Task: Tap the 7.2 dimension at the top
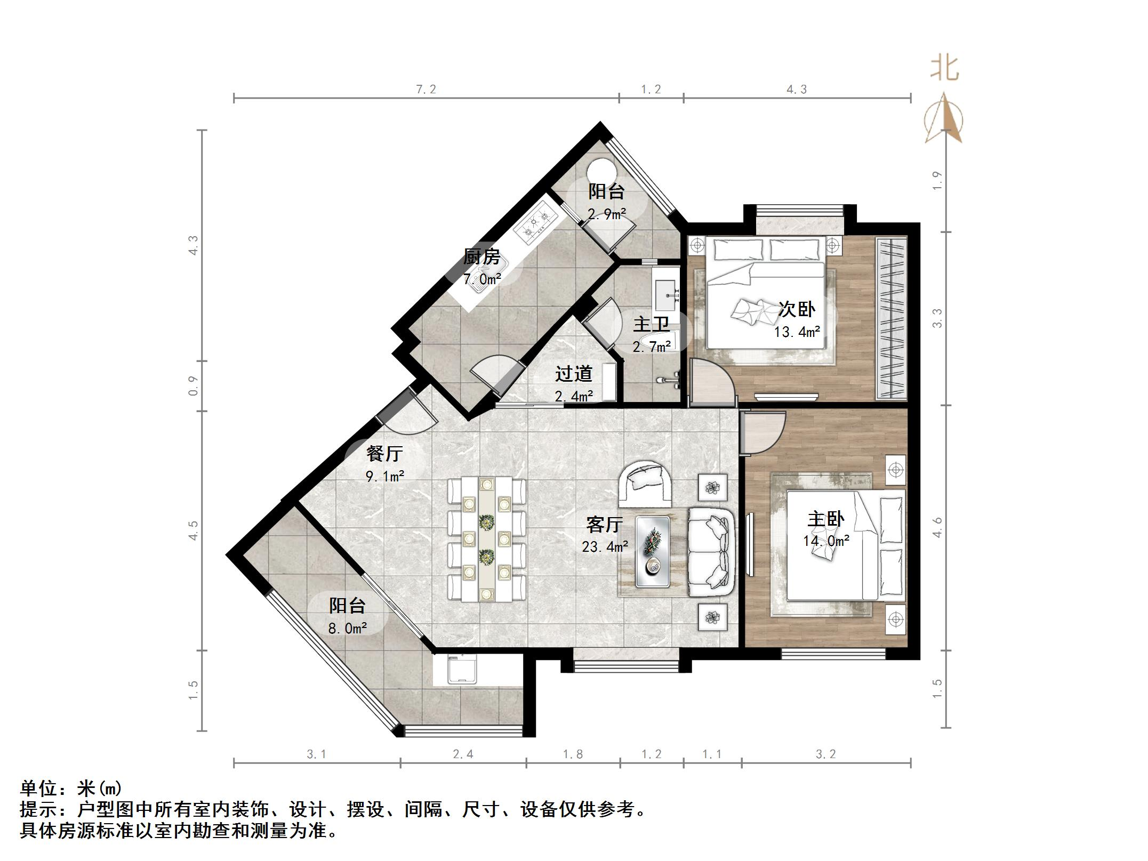click(x=426, y=90)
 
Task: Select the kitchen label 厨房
click(x=481, y=257)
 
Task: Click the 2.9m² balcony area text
click(x=607, y=214)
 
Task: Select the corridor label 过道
click(x=574, y=374)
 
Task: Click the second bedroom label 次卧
click(x=797, y=309)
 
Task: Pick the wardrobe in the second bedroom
click(x=890, y=318)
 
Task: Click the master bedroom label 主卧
click(x=825, y=519)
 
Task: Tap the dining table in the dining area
click(x=486, y=538)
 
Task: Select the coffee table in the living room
click(x=653, y=551)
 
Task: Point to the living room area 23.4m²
click(x=605, y=546)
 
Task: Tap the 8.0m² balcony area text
click(x=347, y=629)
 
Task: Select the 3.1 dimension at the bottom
click(x=316, y=754)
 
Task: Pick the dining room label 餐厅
click(x=384, y=454)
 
